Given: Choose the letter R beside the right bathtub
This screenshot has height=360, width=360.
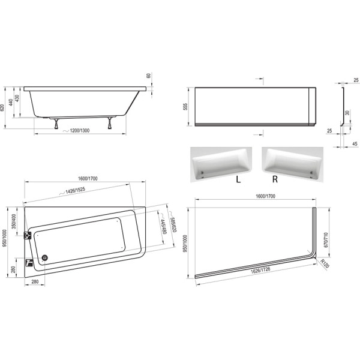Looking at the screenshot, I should pyautogui.click(x=275, y=178).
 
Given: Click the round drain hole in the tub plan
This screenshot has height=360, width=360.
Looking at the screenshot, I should pyautogui.click(x=43, y=258).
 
